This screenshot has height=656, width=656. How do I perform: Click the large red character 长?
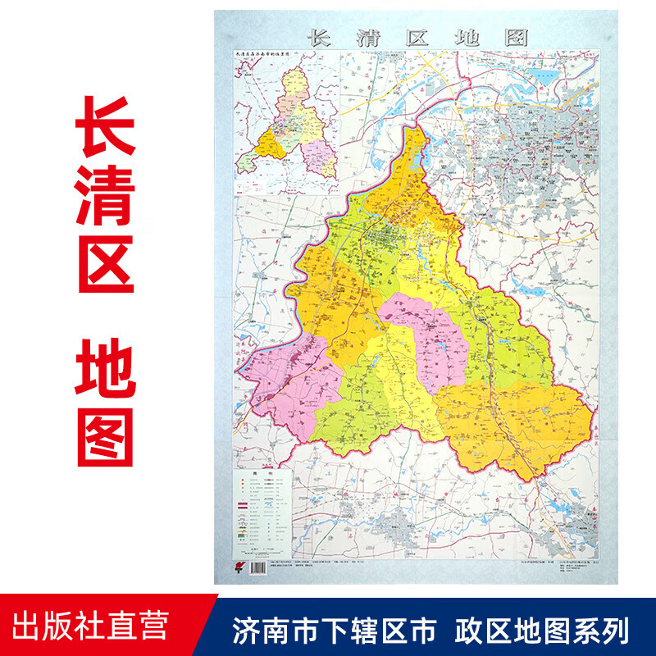[x=106, y=133]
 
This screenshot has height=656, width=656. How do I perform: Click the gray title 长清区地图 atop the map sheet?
[x=417, y=38]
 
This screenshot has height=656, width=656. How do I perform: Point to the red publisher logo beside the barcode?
[x=238, y=566]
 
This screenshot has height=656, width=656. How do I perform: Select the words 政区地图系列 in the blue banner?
[x=541, y=631]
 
